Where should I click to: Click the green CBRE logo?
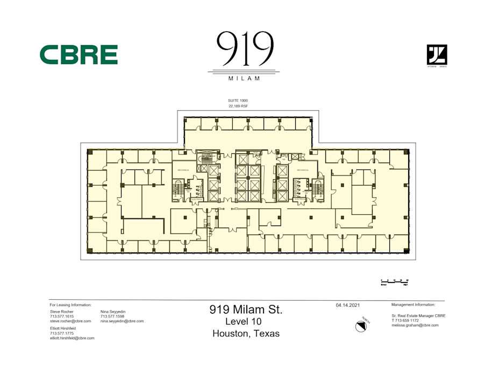click(x=79, y=55)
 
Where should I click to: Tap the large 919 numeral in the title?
click(x=245, y=50)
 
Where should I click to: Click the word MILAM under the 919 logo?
click(x=244, y=79)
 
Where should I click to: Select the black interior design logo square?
click(x=437, y=55)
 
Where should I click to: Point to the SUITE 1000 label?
click(x=238, y=101)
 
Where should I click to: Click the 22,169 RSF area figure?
click(x=238, y=107)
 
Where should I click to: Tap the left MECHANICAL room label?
click(x=182, y=170)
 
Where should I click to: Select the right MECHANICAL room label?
click(x=302, y=170)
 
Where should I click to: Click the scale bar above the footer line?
click(x=395, y=281)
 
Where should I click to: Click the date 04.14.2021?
click(x=347, y=305)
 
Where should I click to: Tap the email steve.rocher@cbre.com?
click(x=70, y=321)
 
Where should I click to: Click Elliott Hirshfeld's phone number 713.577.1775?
click(x=61, y=333)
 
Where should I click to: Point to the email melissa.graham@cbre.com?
click(x=415, y=325)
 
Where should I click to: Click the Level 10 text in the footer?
click(x=246, y=321)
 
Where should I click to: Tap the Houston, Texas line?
click(x=246, y=334)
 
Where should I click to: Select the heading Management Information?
click(x=416, y=305)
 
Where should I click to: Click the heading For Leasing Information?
click(x=70, y=305)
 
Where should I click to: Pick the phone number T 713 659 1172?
click(x=406, y=320)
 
